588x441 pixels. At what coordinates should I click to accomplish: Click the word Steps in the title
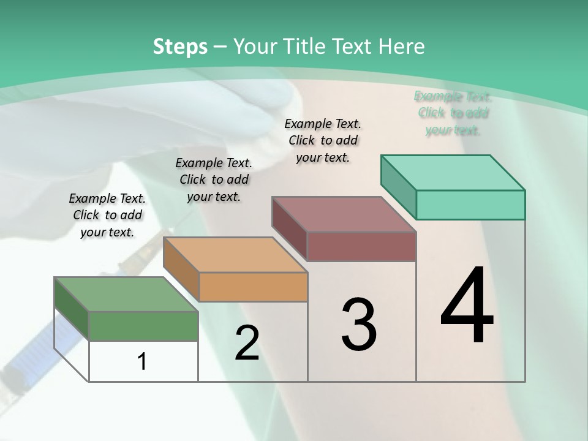(x=179, y=47)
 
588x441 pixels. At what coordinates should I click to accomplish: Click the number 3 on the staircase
(x=358, y=325)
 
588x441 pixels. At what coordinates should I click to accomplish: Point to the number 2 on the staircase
(x=247, y=343)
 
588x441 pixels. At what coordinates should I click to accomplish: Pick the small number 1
(x=142, y=361)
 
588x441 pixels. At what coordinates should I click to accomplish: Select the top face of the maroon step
(x=344, y=214)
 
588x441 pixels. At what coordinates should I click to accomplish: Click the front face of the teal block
(x=470, y=205)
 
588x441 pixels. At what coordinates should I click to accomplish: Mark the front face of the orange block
(x=253, y=287)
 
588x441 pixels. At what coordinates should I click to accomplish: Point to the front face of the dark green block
(x=143, y=326)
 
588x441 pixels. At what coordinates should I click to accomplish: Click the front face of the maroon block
(x=361, y=246)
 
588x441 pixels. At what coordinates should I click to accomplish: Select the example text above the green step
(x=107, y=215)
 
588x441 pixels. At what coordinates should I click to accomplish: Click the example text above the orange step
(x=214, y=179)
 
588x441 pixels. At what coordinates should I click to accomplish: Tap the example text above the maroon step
(x=323, y=140)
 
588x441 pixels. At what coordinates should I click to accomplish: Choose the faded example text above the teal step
(x=453, y=113)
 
